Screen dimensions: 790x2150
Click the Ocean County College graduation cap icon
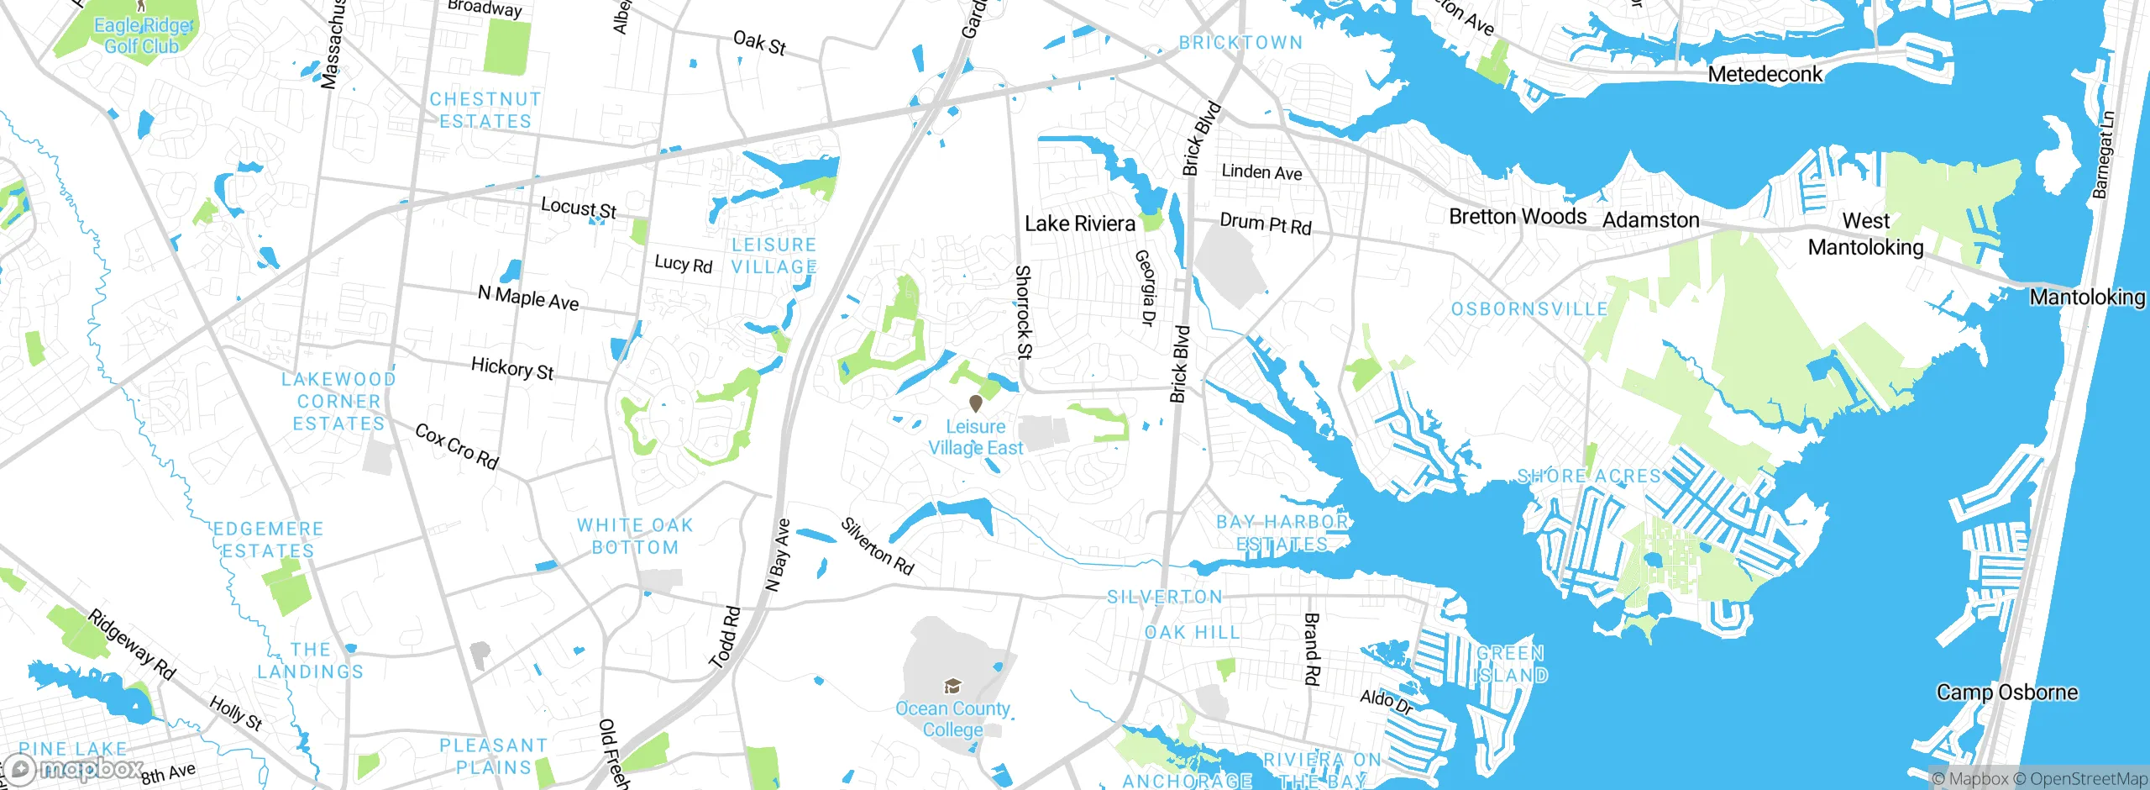pos(952,686)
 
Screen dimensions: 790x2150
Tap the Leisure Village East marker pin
pos(975,404)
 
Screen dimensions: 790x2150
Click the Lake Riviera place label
pos(1080,224)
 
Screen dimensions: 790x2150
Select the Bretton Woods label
pos(1518,217)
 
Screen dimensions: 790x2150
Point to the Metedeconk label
pos(1765,75)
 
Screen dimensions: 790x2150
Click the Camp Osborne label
pos(2006,693)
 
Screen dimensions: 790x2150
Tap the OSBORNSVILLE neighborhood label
pos(1529,309)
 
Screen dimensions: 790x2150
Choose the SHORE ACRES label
pos(1588,477)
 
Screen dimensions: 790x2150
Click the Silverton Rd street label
pos(877,546)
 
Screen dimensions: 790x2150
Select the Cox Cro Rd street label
pos(457,446)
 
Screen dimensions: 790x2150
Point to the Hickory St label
pos(512,368)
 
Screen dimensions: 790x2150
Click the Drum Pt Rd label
pos(1265,224)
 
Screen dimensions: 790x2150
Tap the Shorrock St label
pos(1023,312)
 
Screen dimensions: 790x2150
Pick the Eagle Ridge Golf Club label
pos(143,36)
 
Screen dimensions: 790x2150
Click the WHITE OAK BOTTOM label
pos(635,536)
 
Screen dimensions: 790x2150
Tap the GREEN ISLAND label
pos(1511,664)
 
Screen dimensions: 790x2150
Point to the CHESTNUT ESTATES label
pos(485,110)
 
